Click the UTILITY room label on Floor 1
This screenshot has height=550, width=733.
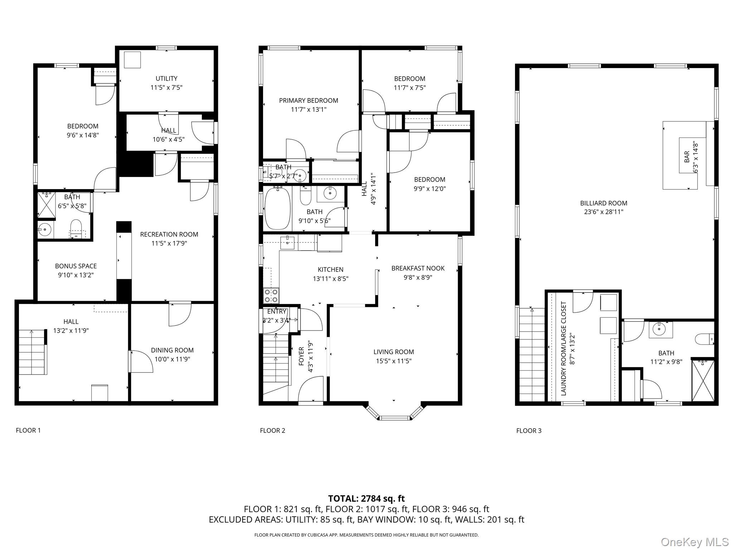166,78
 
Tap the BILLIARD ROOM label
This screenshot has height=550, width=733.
603,203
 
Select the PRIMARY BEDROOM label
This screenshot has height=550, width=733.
309,101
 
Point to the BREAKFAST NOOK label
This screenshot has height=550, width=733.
418,268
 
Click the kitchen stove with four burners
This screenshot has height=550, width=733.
271,296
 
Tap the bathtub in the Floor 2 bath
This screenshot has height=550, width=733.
277,208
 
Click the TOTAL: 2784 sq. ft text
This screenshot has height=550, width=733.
366,498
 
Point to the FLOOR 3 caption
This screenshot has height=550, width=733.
529,431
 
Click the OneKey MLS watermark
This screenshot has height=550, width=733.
694,542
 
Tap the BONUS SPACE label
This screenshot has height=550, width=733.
76,266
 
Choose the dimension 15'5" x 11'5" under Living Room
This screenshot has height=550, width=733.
394,361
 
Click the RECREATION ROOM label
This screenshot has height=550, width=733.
169,235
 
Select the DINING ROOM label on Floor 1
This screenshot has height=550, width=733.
172,350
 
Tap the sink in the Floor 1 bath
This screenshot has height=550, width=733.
45,228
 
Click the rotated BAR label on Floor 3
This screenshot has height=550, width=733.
687,157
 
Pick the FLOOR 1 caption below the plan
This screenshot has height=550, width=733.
28,430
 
